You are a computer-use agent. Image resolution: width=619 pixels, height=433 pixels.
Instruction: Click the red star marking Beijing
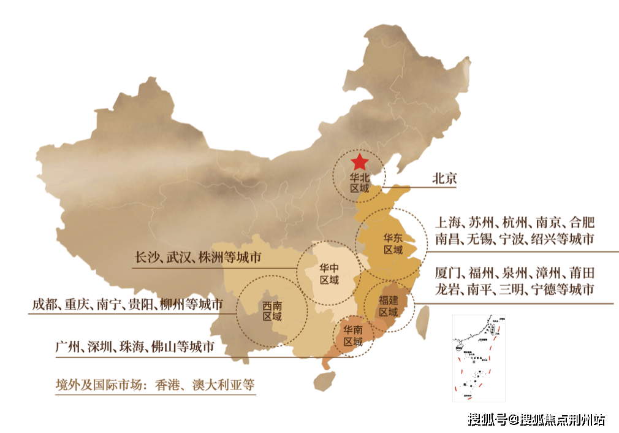tap(359, 163)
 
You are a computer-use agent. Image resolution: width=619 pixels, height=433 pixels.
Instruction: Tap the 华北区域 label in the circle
tap(359, 183)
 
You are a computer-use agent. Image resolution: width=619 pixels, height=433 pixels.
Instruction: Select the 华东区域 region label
tap(393, 244)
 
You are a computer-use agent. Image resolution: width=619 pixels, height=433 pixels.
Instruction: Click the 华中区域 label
tap(329, 274)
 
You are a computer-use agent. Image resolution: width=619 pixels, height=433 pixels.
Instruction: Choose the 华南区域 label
tap(352, 335)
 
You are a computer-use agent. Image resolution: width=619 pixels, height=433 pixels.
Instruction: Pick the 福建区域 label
tap(389, 305)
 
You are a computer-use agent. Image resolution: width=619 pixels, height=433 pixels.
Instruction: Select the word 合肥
tap(582, 222)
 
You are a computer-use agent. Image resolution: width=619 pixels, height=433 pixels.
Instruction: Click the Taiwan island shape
tap(422, 323)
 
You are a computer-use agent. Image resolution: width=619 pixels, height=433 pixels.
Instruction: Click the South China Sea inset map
tap(479, 358)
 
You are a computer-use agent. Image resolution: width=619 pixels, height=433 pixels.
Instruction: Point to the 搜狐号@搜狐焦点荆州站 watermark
tap(536, 420)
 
